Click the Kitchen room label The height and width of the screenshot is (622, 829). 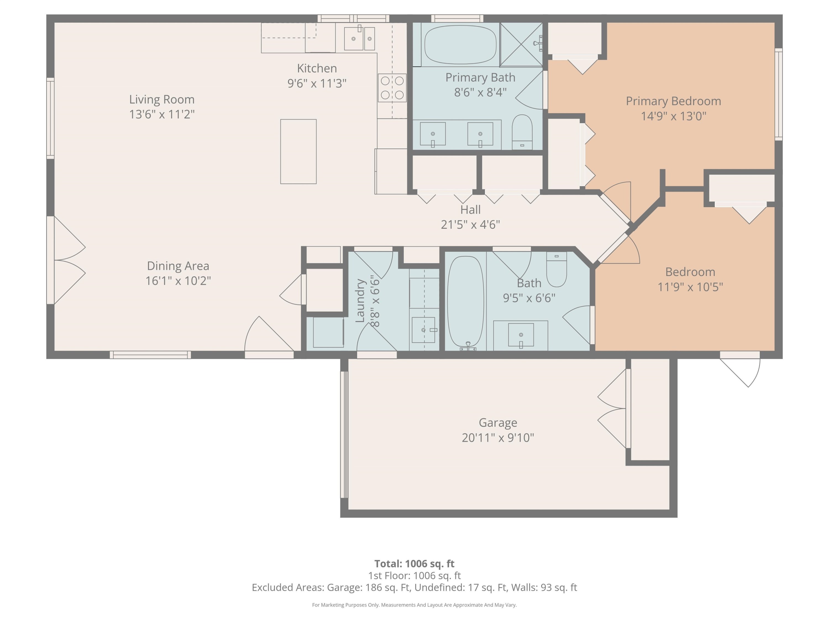point(317,68)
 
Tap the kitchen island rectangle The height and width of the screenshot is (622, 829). point(298,151)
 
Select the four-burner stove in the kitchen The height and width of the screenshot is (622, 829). point(392,88)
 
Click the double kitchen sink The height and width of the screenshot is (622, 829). point(360,38)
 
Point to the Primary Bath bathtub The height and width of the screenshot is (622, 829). point(460,45)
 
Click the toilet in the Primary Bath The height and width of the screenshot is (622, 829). point(522,132)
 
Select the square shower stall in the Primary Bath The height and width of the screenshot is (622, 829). point(521,45)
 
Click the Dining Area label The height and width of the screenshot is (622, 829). point(178,266)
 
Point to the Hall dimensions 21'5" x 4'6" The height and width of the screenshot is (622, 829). point(470,224)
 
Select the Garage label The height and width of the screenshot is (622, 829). point(498,422)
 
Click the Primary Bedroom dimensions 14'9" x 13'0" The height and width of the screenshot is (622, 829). point(673,116)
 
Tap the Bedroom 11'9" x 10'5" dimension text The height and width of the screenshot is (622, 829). point(690,287)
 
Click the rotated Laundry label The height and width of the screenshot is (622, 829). point(360,301)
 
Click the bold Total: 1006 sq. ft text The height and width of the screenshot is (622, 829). point(414,563)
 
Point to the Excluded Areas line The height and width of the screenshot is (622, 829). point(414,587)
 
